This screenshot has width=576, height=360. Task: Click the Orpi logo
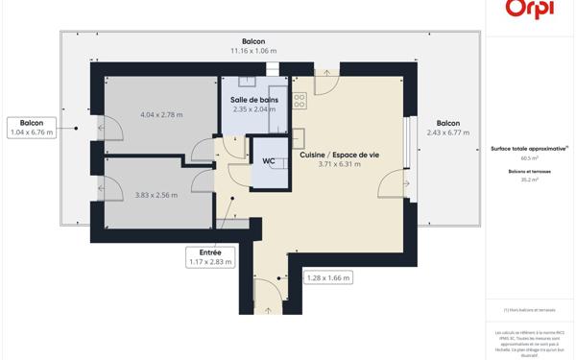[531, 8]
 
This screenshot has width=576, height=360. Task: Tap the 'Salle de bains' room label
[255, 100]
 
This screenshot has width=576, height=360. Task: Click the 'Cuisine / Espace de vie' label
[339, 155]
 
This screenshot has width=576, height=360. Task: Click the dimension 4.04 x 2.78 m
[160, 115]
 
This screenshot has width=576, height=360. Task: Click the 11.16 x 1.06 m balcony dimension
[253, 51]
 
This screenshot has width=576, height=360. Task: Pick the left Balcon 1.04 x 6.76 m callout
[31, 128]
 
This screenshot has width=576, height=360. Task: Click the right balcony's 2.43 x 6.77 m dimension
[448, 134]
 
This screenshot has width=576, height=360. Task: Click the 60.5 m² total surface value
[530, 158]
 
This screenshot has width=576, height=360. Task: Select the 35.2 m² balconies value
[530, 180]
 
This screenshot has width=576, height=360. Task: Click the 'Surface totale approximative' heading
[529, 149]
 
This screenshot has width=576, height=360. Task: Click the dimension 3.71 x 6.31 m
[339, 164]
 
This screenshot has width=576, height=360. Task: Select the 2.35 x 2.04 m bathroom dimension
[255, 109]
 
